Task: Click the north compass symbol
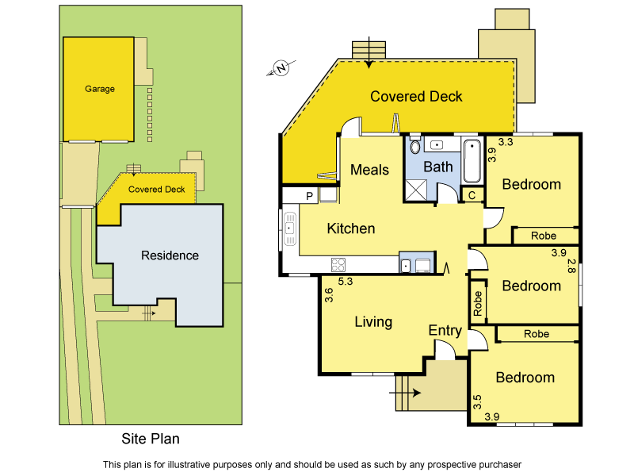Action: tap(281, 70)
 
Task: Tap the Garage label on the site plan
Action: tap(100, 89)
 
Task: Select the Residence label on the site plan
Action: tap(170, 255)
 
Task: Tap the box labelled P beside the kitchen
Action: tap(309, 195)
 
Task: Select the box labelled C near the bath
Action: tap(472, 195)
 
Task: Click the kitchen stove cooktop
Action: tap(338, 265)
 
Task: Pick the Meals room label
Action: tap(369, 170)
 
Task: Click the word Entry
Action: tap(445, 330)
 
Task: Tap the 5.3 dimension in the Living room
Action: tap(345, 282)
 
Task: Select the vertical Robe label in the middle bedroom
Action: tap(478, 305)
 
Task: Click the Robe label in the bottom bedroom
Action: tap(537, 334)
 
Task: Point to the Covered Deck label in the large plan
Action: tap(416, 97)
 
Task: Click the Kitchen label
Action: tap(351, 228)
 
